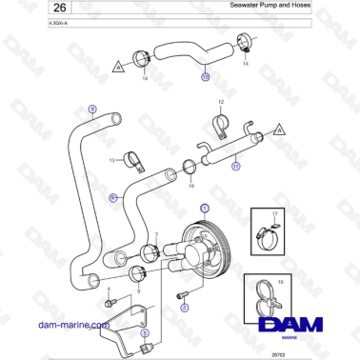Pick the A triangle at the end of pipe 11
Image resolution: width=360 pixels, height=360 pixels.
click(x=278, y=127)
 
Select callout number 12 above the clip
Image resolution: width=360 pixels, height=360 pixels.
click(x=220, y=100)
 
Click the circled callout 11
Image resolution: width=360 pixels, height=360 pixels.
click(x=235, y=166)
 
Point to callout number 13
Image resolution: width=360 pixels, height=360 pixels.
click(x=111, y=159)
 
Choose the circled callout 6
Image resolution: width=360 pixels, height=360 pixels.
click(x=112, y=197)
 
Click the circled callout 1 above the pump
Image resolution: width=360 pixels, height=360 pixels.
click(x=203, y=207)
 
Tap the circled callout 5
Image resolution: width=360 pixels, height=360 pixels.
click(x=144, y=334)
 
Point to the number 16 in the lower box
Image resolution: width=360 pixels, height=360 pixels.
click(x=280, y=282)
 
